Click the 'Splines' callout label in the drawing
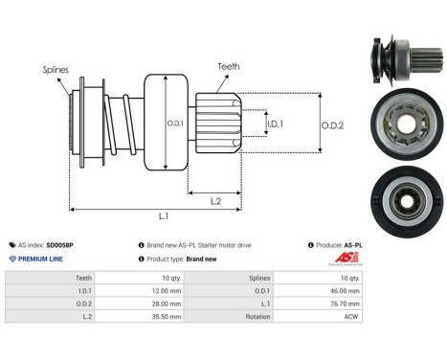pos(55,70)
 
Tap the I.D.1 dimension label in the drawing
pos(274,124)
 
